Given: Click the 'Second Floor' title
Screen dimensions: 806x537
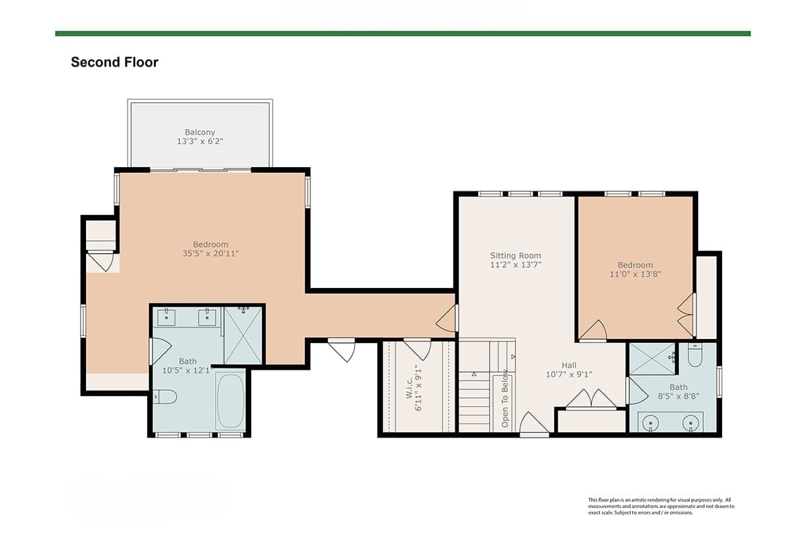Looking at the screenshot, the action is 114,62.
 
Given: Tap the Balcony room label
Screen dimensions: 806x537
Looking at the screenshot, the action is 199,132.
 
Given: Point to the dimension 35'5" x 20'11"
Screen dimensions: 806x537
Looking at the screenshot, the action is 210,254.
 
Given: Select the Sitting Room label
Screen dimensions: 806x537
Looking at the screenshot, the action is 515,255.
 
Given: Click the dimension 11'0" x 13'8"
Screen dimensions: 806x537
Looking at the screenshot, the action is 635,274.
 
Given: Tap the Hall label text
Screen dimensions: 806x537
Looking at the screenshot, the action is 569,365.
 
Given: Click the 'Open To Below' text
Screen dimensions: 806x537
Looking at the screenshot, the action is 505,399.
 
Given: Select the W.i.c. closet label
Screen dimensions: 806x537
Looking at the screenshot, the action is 409,388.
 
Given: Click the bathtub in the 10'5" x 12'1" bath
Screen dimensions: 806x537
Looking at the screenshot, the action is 230,401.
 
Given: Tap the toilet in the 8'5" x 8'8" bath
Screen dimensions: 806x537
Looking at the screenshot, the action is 695,355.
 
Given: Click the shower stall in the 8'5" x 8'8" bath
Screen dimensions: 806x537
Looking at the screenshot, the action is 652,358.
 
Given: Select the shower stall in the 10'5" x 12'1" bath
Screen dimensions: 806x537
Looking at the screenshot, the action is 243,335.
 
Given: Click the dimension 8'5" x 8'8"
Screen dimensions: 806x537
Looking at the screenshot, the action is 678,396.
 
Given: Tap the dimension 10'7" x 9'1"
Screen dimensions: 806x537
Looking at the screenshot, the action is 569,375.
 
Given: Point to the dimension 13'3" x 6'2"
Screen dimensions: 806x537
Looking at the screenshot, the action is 199,142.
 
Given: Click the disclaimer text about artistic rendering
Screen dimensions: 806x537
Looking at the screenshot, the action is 661,506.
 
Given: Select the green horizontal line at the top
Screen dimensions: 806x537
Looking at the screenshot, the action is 403,34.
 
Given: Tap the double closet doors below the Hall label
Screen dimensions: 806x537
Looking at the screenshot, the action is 591,399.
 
